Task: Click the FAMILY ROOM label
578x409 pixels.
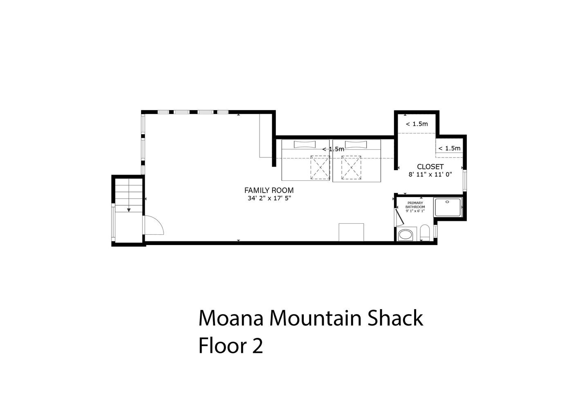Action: pyautogui.click(x=269, y=191)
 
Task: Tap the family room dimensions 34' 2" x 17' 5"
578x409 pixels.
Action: pyautogui.click(x=269, y=198)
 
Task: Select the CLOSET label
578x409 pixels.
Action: pyautogui.click(x=430, y=166)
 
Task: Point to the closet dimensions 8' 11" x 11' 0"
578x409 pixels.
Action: pyautogui.click(x=430, y=175)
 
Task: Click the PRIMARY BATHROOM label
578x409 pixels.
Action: pyautogui.click(x=415, y=205)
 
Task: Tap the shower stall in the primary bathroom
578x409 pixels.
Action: pyautogui.click(x=448, y=207)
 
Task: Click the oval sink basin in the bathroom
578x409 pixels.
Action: pyautogui.click(x=405, y=235)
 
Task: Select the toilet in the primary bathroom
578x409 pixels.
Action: pyautogui.click(x=425, y=232)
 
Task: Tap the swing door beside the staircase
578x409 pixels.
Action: pyautogui.click(x=153, y=225)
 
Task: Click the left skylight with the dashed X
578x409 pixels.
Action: pyautogui.click(x=320, y=167)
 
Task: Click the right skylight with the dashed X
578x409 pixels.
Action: pyautogui.click(x=351, y=167)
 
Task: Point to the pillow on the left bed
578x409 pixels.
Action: pyautogui.click(x=305, y=144)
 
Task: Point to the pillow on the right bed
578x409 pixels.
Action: pyautogui.click(x=356, y=144)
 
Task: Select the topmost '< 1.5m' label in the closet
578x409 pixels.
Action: pyautogui.click(x=417, y=124)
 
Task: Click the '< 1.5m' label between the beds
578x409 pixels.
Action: pyautogui.click(x=333, y=149)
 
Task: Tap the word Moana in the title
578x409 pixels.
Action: pyautogui.click(x=231, y=318)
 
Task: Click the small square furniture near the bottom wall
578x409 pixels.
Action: pyautogui.click(x=351, y=232)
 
